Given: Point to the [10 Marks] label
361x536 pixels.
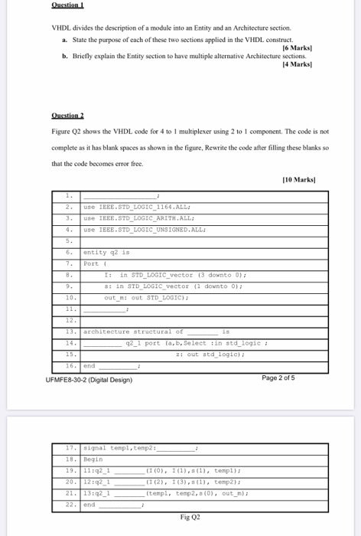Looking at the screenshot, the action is click(297, 180).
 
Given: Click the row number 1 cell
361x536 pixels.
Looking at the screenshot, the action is click(69, 195).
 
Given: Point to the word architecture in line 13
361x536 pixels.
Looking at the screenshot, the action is click(104, 332).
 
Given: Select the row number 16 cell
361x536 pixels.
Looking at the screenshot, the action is click(69, 367).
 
